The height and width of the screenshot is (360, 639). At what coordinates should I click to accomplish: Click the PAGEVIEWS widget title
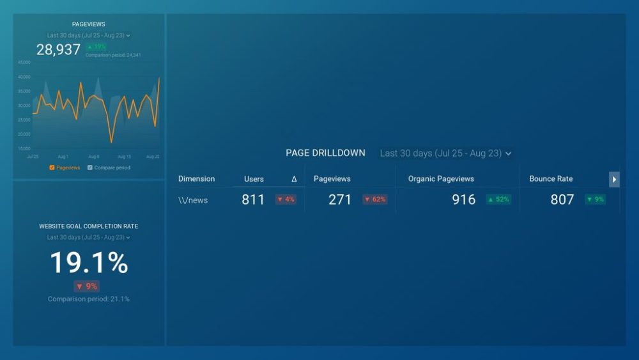click(88, 24)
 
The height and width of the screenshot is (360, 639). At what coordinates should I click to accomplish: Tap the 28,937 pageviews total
click(58, 50)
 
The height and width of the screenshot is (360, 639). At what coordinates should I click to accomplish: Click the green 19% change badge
click(96, 47)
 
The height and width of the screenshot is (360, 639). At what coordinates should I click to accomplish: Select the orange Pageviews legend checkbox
click(52, 168)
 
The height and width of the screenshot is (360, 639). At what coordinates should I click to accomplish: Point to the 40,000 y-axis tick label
click(24, 77)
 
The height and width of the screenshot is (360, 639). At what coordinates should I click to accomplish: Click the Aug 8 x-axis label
click(93, 157)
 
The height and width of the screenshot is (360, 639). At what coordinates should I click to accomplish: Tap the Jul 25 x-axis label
click(33, 157)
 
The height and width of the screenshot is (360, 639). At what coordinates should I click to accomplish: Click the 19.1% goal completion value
click(89, 263)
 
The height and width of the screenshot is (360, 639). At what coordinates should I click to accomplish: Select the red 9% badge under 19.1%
click(87, 286)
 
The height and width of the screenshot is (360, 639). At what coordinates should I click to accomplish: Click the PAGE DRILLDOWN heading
click(325, 153)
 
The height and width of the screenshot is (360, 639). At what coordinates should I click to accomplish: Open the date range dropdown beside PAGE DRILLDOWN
click(445, 153)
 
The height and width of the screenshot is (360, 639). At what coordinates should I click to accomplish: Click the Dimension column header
click(196, 179)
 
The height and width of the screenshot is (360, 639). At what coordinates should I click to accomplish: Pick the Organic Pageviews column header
click(441, 179)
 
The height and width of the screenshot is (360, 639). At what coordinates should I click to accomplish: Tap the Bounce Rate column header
click(551, 179)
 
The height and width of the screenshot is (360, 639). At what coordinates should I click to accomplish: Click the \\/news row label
click(193, 200)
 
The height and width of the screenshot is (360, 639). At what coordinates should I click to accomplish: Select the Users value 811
click(253, 200)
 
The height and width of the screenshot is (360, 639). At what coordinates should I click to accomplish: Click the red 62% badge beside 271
click(374, 200)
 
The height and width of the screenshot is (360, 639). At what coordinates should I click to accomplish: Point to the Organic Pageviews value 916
click(464, 200)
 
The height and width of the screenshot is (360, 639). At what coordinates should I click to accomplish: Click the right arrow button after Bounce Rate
click(614, 180)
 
